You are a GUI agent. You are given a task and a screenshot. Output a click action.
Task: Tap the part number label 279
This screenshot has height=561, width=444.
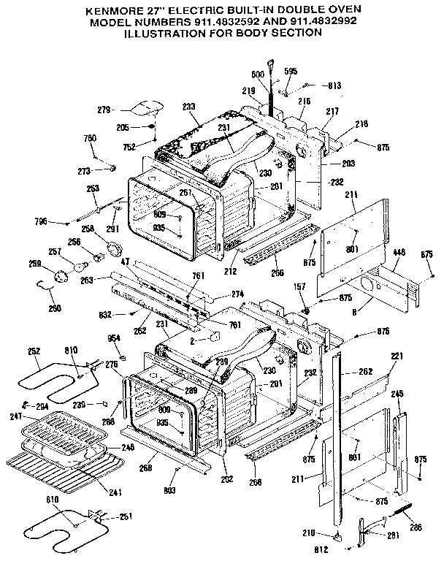coord(104,110)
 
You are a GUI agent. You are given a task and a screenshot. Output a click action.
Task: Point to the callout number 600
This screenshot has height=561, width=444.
coord(257,75)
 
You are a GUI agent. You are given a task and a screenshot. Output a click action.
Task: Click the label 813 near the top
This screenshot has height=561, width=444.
coord(334,85)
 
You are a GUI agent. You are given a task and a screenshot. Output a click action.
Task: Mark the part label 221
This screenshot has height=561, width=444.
coord(397,356)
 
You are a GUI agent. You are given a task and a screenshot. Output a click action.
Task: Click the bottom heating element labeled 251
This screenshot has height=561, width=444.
coord(58,529)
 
